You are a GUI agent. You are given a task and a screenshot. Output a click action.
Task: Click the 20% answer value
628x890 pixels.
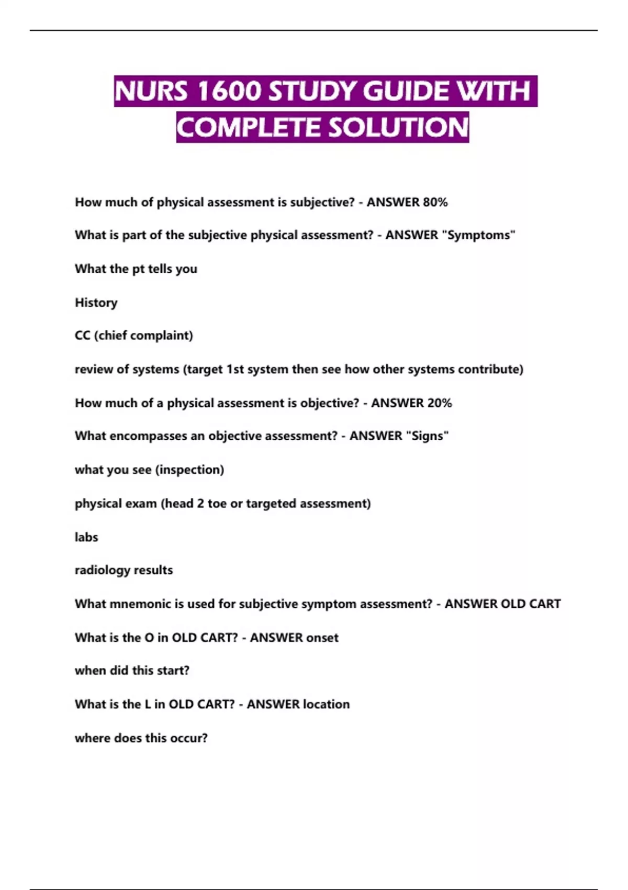pos(440,403)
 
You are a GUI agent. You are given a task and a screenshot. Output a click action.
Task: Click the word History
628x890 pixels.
pos(96,303)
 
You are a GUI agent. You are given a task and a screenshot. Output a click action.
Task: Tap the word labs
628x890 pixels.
pos(86,537)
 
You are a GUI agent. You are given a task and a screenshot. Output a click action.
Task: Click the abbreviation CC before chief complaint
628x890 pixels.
pos(83,336)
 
